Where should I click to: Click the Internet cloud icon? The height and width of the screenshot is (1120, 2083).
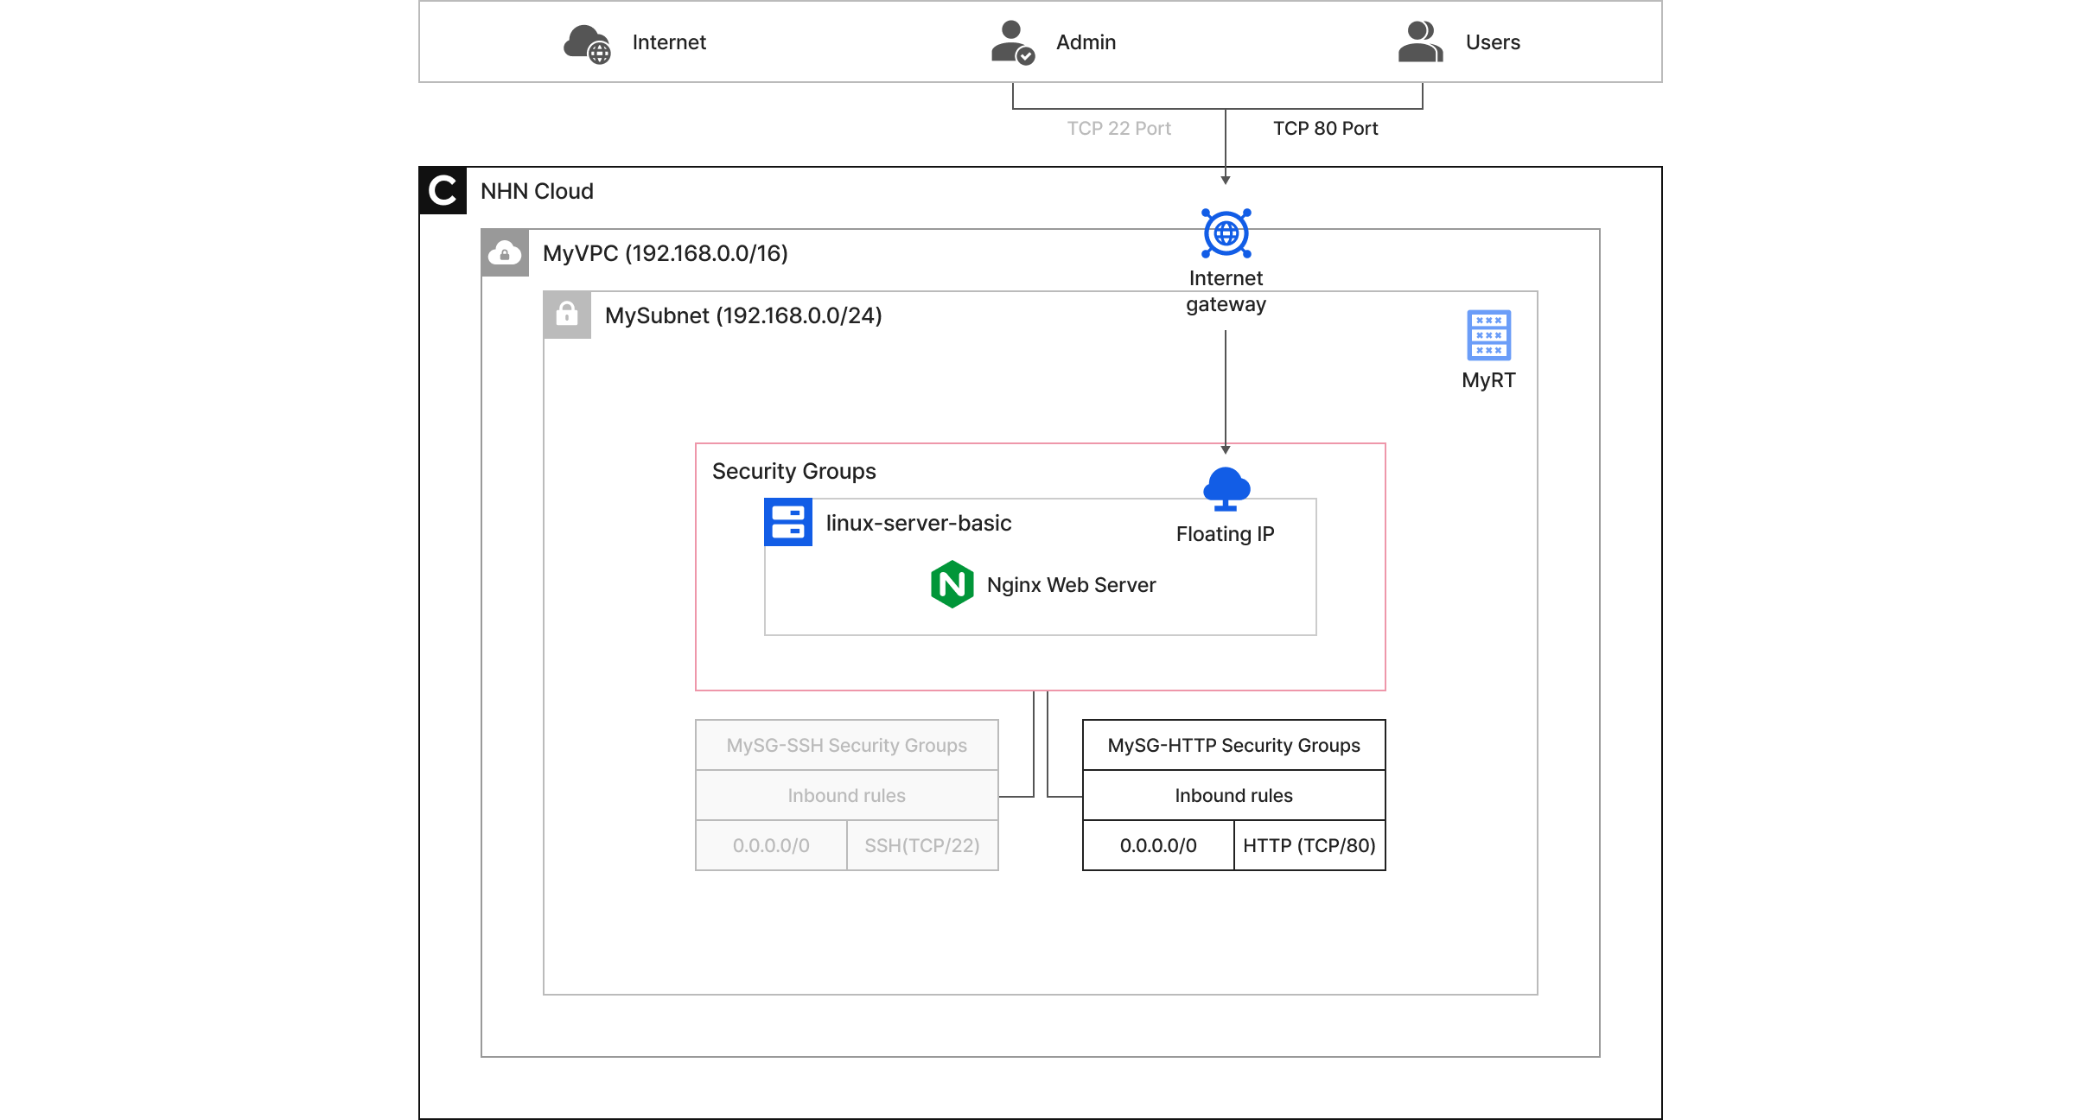pos(587,43)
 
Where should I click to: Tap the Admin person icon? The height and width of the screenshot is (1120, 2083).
pos(1011,42)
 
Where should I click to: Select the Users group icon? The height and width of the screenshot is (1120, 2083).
pos(1420,42)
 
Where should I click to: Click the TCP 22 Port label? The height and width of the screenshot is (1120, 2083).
pos(1118,129)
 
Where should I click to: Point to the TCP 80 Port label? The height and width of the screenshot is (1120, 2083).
pos(1325,129)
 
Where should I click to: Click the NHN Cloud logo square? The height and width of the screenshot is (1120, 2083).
pos(443,190)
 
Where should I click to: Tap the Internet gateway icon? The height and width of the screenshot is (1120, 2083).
pos(1226,233)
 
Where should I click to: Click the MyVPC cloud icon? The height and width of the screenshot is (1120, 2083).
pos(505,253)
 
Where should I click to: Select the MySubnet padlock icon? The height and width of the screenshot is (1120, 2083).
pos(567,315)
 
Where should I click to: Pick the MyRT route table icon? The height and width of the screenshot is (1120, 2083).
pos(1488,335)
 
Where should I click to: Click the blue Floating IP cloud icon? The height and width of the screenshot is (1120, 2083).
pos(1226,488)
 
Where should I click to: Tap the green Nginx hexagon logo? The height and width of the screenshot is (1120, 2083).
pos(952,585)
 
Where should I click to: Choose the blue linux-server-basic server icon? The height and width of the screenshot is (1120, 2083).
pos(787,522)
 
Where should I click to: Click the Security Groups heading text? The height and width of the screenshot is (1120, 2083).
pos(793,471)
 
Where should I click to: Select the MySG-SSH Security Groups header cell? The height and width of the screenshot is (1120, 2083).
pos(846,745)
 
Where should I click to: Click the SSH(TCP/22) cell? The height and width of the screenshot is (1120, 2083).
pos(921,845)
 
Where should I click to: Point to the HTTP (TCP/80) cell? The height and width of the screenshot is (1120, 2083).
pos(1309,845)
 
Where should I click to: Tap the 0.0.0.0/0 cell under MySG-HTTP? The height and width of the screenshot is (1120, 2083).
pos(1158,845)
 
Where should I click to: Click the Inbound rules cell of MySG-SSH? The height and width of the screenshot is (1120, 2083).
pos(846,795)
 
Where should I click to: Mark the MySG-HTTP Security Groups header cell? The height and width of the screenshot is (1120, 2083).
pos(1233,745)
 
